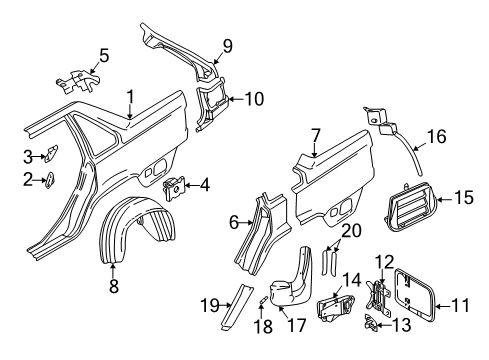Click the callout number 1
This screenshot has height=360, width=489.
pyautogui.click(x=130, y=97)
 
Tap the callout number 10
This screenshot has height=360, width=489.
pyautogui.click(x=254, y=99)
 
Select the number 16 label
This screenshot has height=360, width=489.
pyautogui.click(x=436, y=137)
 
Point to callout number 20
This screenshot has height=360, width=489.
pyautogui.click(x=351, y=231)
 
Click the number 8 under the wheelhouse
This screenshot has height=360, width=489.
pyautogui.click(x=114, y=286)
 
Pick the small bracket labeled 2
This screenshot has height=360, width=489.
pyautogui.click(x=50, y=180)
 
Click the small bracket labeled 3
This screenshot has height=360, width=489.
pyautogui.click(x=51, y=153)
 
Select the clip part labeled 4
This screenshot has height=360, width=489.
pyautogui.click(x=174, y=189)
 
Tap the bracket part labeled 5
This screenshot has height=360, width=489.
pyautogui.click(x=79, y=81)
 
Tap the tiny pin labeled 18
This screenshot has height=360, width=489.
pyautogui.click(x=262, y=299)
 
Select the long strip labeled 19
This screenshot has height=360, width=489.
pyautogui.click(x=236, y=306)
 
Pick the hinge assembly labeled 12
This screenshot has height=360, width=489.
pyautogui.click(x=379, y=298)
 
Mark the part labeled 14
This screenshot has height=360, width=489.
pyautogui.click(x=336, y=308)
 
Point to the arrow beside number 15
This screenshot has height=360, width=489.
pyautogui.click(x=445, y=199)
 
